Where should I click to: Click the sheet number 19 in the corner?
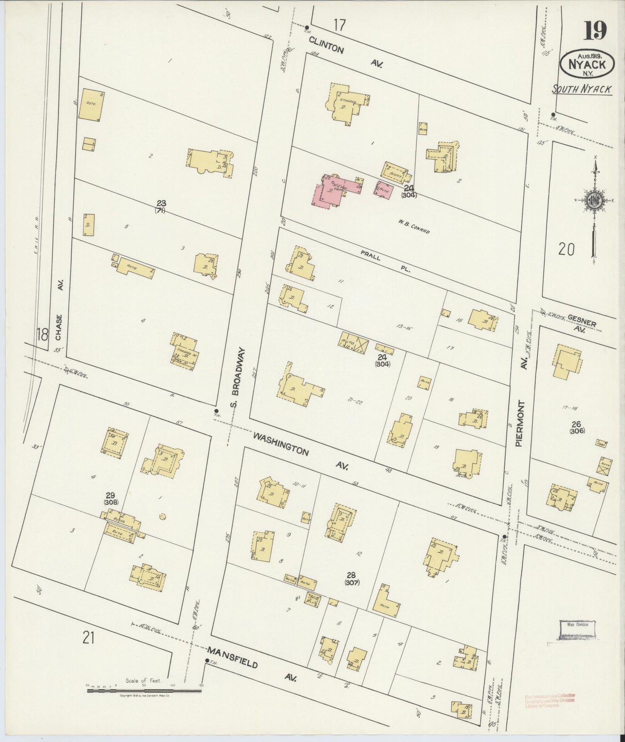click(x=595, y=30)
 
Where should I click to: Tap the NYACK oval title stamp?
click(x=587, y=64)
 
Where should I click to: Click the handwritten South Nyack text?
click(x=582, y=89)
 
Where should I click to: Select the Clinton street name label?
click(x=326, y=45)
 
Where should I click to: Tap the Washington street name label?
click(x=281, y=444)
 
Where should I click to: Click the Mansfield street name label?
click(x=232, y=658)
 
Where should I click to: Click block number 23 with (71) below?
click(x=161, y=206)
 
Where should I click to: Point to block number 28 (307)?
click(x=352, y=578)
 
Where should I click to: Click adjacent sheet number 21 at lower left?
click(x=89, y=637)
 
